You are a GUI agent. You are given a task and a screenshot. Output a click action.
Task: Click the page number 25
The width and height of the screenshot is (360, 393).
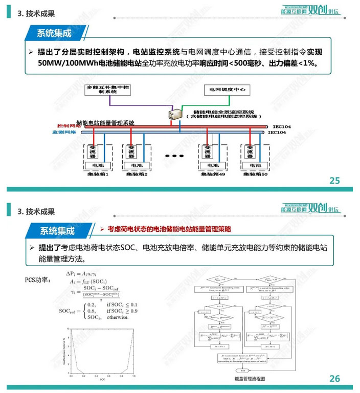pyautogui.click(x=334, y=181)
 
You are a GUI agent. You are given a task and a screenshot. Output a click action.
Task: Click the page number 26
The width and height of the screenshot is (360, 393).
pyautogui.click(x=334, y=379)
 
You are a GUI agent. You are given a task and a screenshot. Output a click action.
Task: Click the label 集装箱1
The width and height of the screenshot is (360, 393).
pyautogui.click(x=96, y=174)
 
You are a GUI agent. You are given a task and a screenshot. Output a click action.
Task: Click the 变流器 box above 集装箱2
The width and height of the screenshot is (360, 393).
pyautogui.click(x=130, y=151)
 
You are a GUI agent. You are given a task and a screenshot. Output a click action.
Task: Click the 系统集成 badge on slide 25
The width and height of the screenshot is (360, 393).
pyautogui.click(x=54, y=33)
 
